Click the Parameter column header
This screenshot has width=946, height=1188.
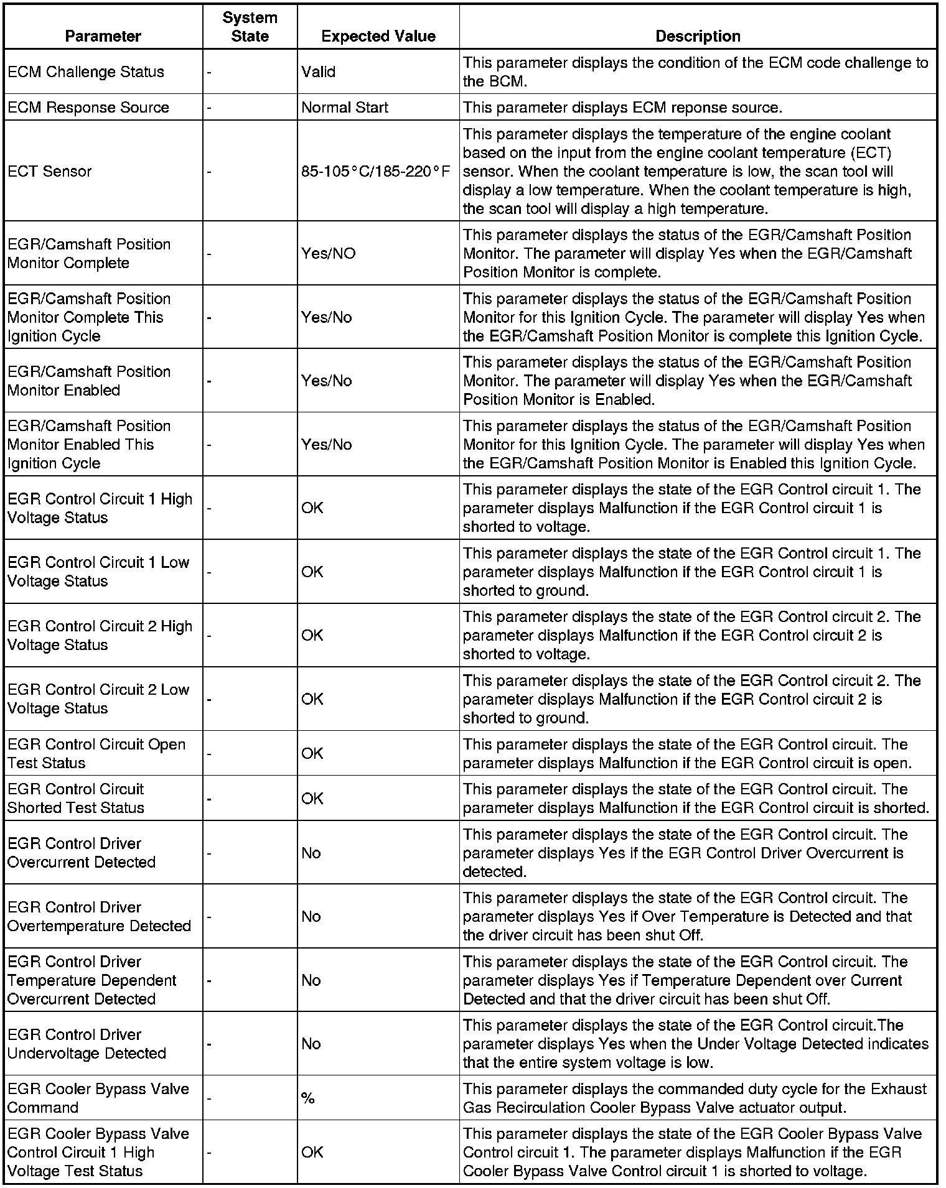(103, 36)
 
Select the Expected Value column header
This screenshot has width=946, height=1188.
(378, 36)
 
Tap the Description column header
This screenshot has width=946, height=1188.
(698, 36)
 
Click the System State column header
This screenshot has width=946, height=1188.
(250, 27)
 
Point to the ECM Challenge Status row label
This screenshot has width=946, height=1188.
(86, 72)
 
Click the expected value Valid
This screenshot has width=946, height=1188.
(318, 72)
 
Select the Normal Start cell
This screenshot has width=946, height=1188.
(344, 107)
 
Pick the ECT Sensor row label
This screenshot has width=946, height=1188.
(49, 171)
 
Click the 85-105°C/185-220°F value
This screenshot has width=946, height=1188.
(375, 171)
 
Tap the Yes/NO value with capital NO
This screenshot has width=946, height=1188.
(328, 253)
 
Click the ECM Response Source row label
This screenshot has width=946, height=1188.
(88, 107)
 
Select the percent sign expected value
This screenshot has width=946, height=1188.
(307, 1098)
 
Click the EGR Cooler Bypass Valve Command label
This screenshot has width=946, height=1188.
(98, 1098)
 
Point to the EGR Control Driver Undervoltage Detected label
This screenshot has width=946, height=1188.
(87, 1044)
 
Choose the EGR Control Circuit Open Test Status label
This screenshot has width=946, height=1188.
(96, 753)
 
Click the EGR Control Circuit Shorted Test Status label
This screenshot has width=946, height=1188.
(76, 798)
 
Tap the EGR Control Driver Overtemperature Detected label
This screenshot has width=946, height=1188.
(99, 916)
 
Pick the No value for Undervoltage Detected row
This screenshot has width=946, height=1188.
(311, 1044)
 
